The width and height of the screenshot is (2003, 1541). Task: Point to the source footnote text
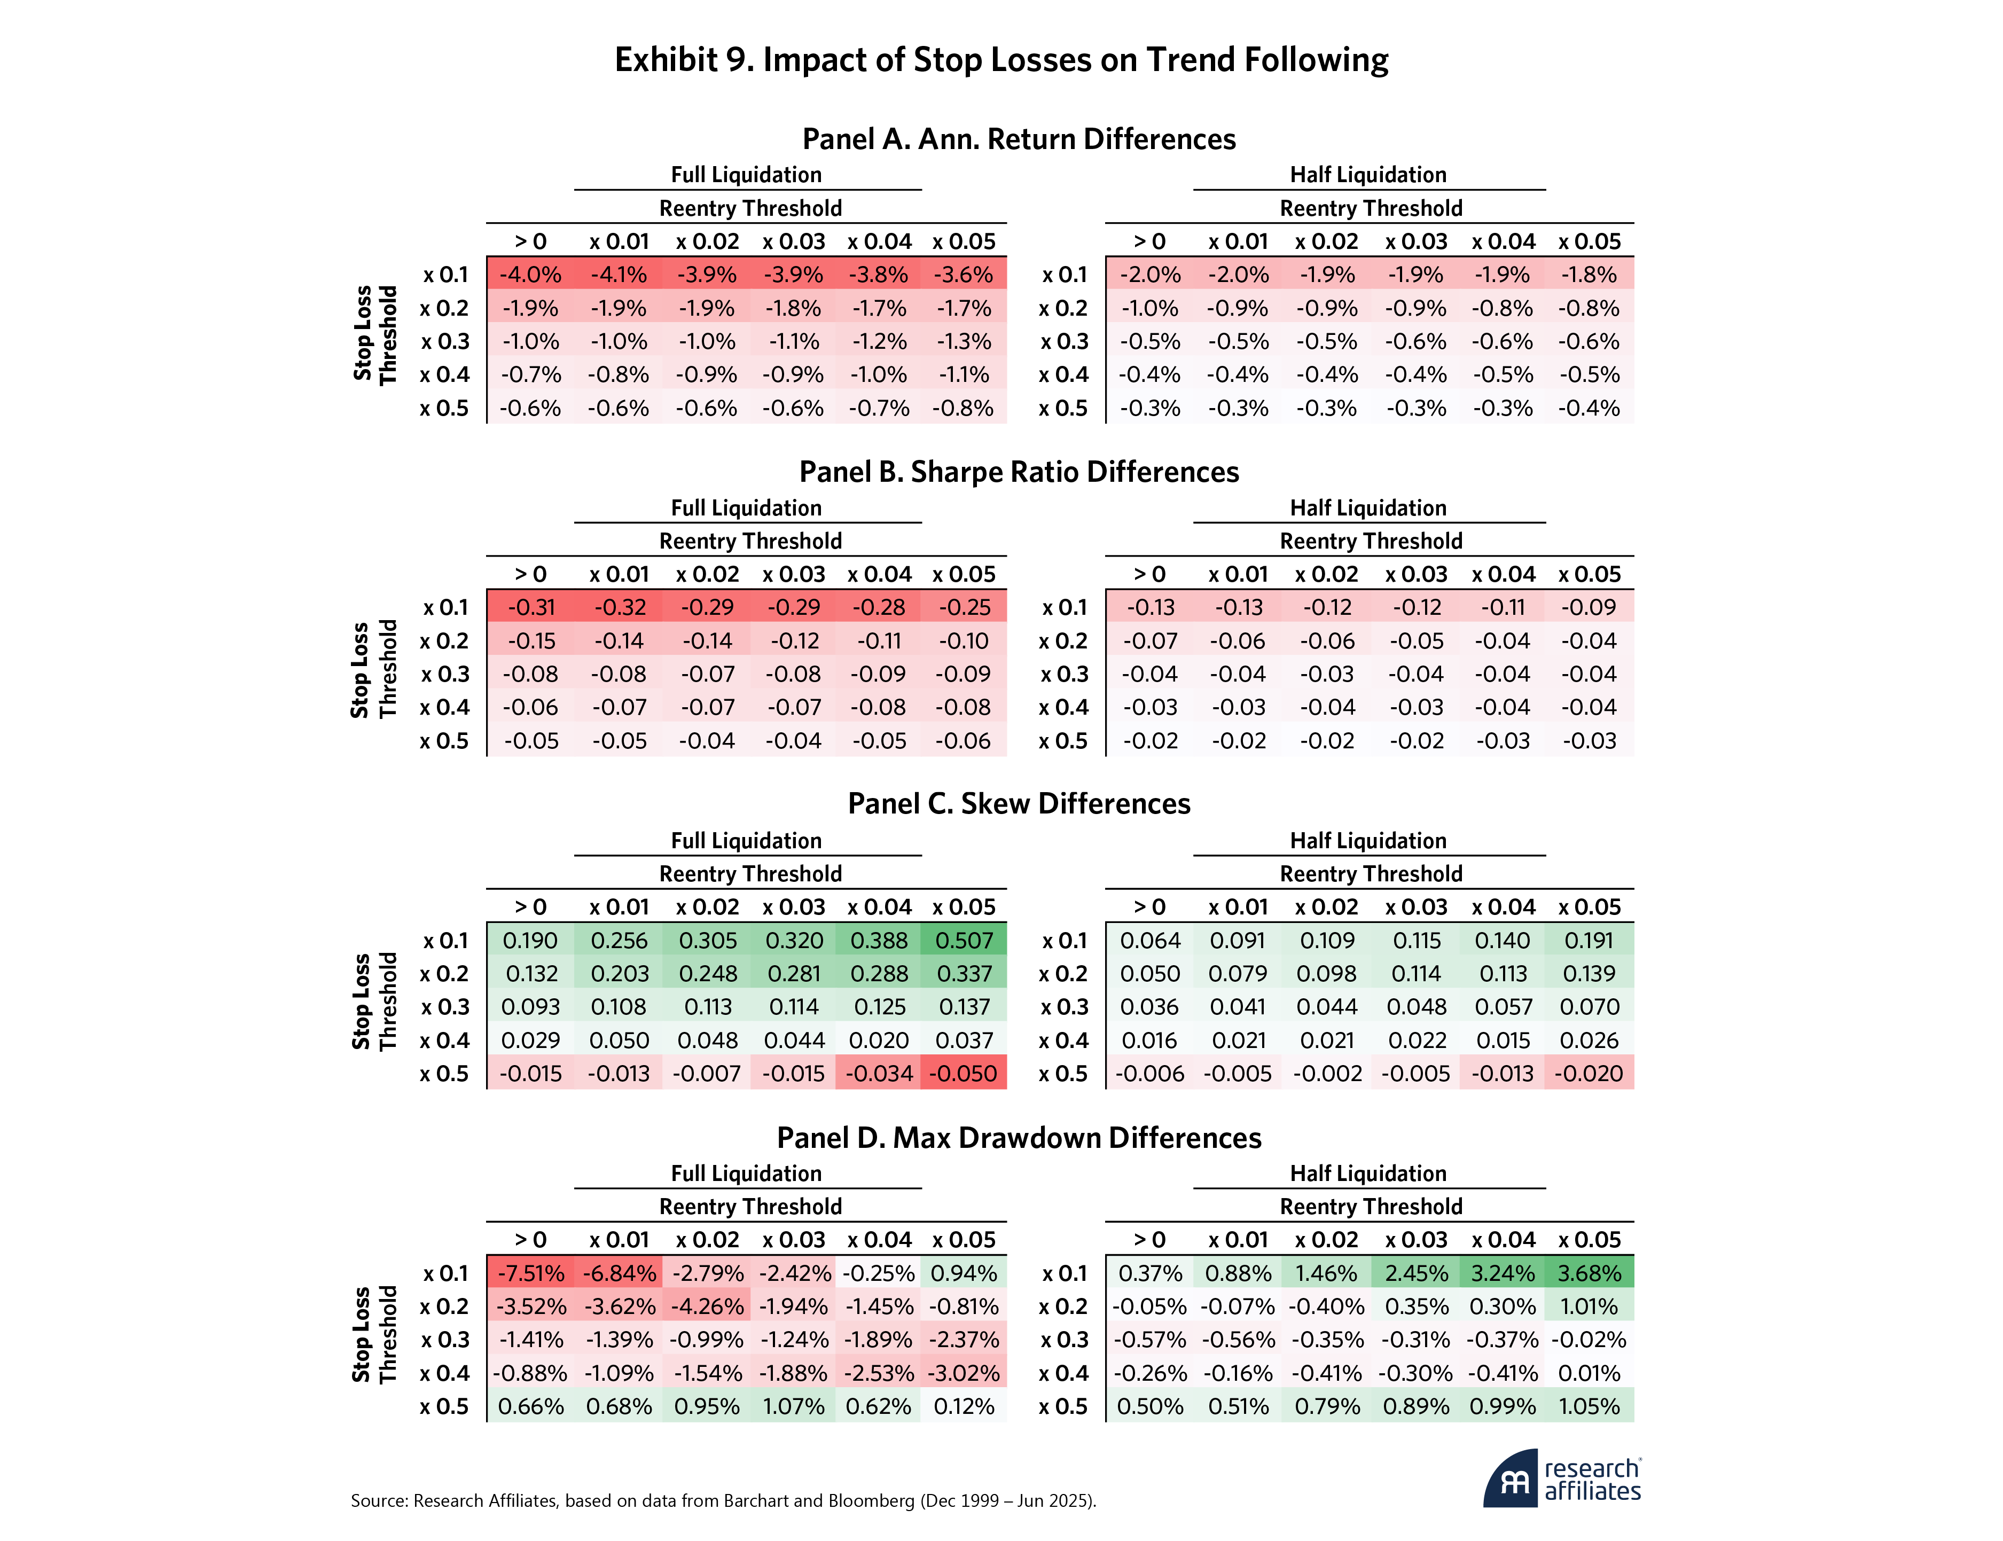[x=723, y=1500]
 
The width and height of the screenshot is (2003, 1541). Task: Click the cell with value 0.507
[x=964, y=940]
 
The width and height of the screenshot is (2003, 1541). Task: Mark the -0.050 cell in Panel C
[x=964, y=1073]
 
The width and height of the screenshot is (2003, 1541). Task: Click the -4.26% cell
[x=706, y=1306]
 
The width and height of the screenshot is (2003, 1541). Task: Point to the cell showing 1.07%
[x=793, y=1406]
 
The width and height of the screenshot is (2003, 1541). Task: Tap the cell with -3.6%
[x=964, y=274]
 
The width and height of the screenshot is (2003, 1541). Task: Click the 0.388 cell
[x=879, y=940]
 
